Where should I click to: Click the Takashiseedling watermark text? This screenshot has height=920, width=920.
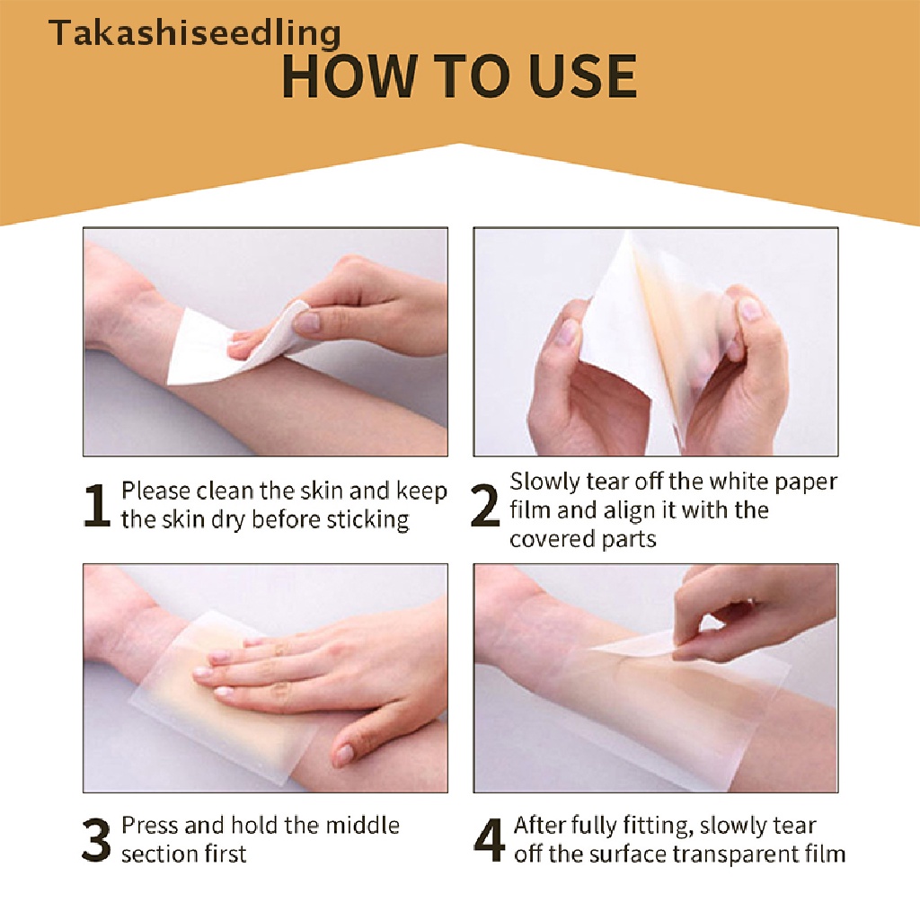tap(194, 34)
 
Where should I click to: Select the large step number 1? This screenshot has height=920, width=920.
tap(97, 506)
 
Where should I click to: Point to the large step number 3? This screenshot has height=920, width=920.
tap(97, 839)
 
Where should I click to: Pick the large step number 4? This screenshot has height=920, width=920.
tap(490, 839)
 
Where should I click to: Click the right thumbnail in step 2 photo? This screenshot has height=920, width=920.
tap(748, 310)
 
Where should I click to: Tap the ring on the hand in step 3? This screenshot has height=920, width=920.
tap(281, 649)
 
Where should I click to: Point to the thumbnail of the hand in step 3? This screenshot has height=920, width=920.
tap(344, 755)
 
